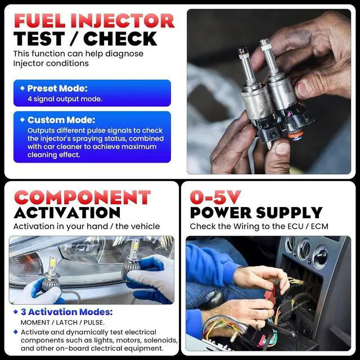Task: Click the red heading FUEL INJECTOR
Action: [x=94, y=21]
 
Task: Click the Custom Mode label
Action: [x=61, y=120]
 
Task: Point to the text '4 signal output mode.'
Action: [x=65, y=99]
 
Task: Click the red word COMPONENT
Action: [x=82, y=197]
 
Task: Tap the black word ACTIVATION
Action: [x=67, y=213]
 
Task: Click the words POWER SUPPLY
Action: [x=256, y=213]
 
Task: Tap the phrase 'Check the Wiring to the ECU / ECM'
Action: [x=259, y=226]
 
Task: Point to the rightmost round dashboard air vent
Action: [x=321, y=256]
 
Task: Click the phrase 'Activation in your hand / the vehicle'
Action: [x=87, y=226]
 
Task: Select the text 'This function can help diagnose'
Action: [x=78, y=54]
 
